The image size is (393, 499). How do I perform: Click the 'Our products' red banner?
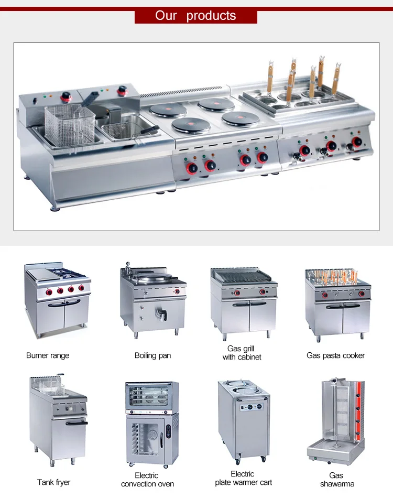196,15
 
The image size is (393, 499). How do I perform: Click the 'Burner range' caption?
48,355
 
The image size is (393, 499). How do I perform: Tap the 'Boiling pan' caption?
152,355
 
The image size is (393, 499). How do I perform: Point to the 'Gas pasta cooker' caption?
335,355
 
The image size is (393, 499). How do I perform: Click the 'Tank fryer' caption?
53,482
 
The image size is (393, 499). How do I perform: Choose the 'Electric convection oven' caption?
147,480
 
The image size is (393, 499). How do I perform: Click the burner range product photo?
57,301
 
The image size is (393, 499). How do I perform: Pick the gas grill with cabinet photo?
244,302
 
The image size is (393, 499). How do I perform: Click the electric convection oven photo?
152,424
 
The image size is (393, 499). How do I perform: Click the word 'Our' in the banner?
166,15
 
